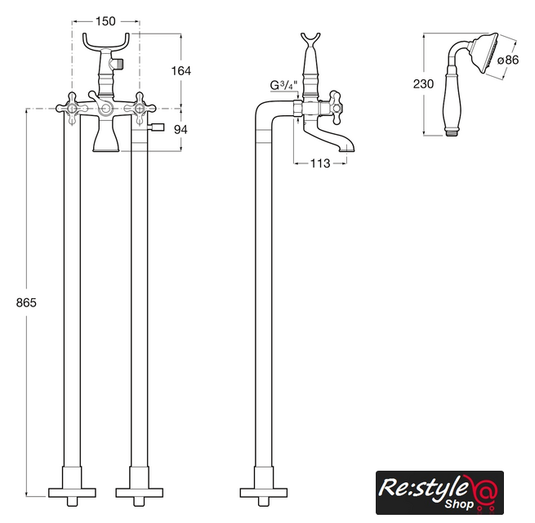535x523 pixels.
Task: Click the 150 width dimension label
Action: pyautogui.click(x=105, y=21)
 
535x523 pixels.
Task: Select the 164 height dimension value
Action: pyautogui.click(x=181, y=70)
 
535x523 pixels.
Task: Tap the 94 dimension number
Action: pyautogui.click(x=181, y=129)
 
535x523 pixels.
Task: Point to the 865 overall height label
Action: pyautogui.click(x=26, y=302)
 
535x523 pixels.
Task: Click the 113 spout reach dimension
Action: pyautogui.click(x=320, y=163)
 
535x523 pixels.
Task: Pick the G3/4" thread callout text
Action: pyautogui.click(x=284, y=85)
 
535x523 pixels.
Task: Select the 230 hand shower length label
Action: pyautogui.click(x=423, y=84)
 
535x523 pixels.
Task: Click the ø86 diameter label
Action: pyautogui.click(x=508, y=60)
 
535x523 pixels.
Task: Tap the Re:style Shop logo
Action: pyautogui.click(x=439, y=492)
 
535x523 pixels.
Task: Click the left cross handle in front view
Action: pyautogui.click(x=73, y=109)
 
